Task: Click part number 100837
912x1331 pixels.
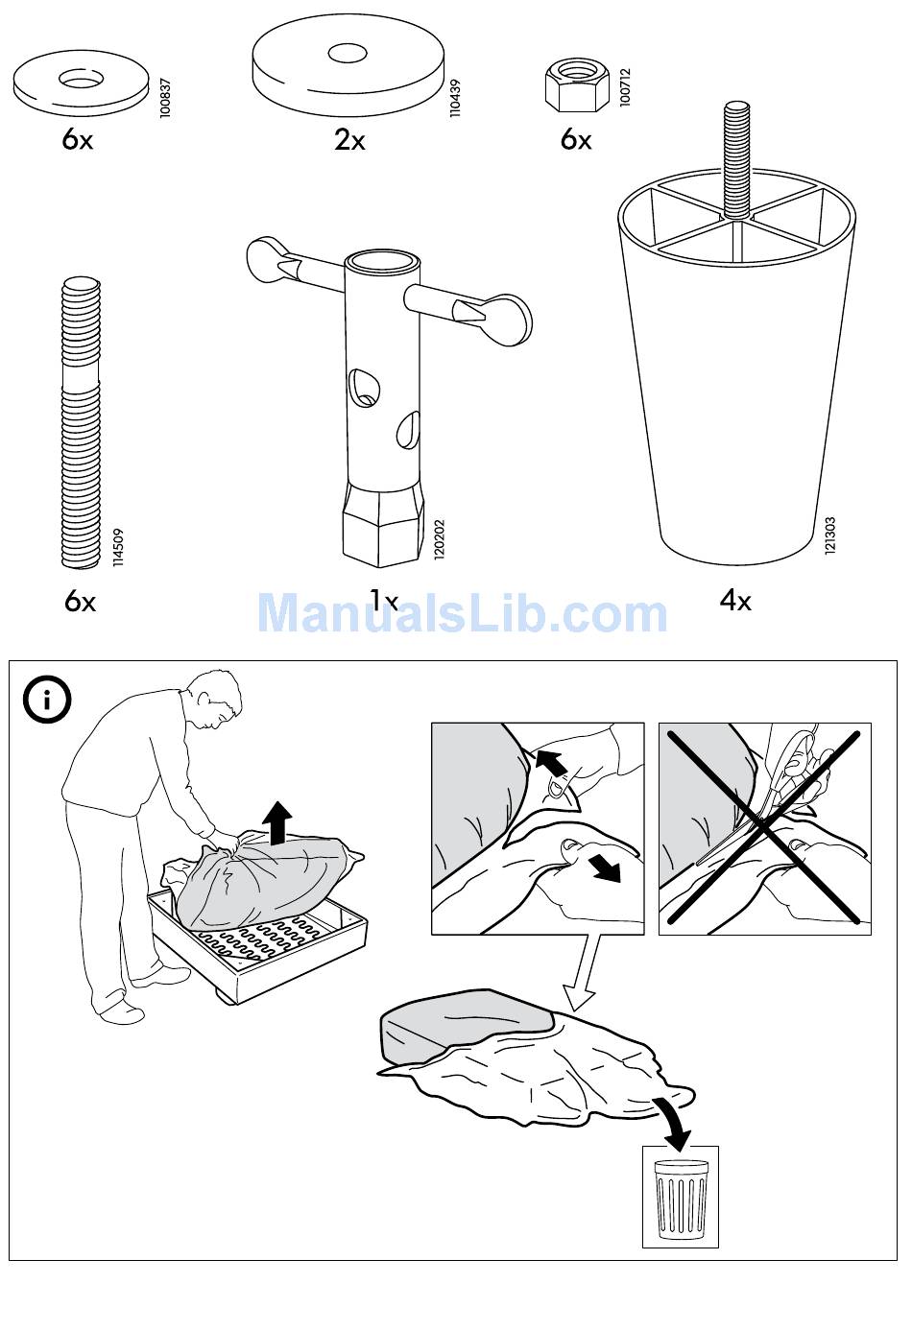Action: pos(165,98)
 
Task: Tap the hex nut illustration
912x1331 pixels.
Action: pos(577,84)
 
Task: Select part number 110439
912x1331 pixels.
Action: pos(455,98)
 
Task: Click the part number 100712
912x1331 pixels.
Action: pos(624,87)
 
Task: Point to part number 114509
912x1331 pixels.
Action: pos(118,547)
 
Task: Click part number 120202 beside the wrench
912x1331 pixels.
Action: pos(440,539)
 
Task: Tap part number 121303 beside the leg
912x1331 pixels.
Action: pos(830,536)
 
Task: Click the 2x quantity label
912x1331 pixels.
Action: pos(349,140)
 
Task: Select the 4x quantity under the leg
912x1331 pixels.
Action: pos(735,602)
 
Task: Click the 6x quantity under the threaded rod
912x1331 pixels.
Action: pos(80,602)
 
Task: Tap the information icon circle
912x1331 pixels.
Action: pos(46,700)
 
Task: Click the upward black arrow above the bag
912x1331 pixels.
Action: pos(277,821)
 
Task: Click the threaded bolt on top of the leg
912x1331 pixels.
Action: pos(737,160)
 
